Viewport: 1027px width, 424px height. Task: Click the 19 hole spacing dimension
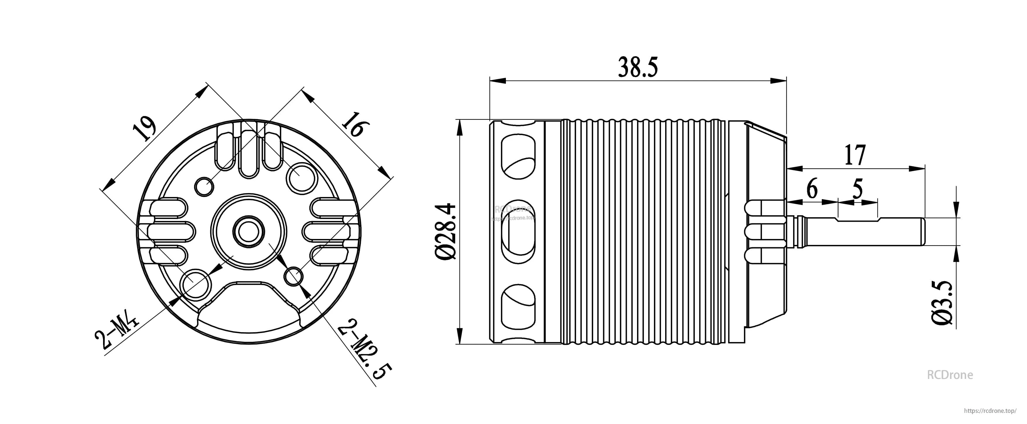coord(143,128)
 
